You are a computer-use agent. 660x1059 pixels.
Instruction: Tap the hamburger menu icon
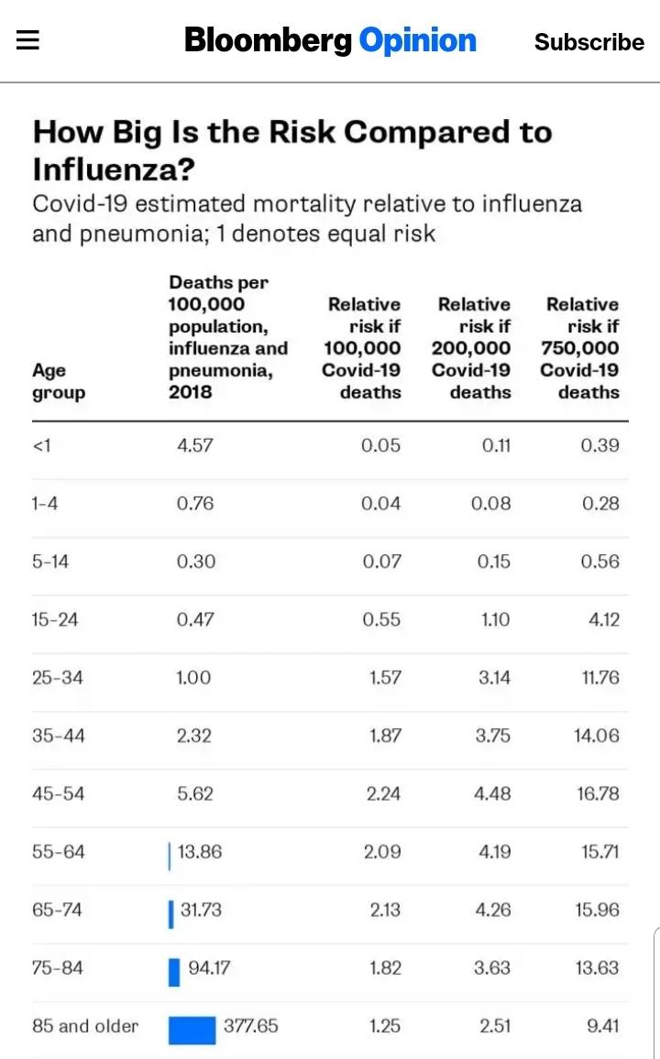pos(27,42)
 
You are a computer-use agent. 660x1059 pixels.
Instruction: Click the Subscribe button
pos(589,42)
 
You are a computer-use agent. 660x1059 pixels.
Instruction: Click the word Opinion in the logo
pos(417,41)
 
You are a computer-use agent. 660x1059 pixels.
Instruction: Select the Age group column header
pos(59,381)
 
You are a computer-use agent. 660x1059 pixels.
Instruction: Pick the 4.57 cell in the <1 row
pos(194,446)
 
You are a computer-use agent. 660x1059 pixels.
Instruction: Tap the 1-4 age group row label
pos(45,504)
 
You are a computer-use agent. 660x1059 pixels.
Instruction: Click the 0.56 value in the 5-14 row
pos(599,562)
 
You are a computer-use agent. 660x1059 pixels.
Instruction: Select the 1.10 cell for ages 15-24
pos(495,620)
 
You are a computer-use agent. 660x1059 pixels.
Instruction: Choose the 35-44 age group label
pos(58,736)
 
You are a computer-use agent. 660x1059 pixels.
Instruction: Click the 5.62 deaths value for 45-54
pos(195,793)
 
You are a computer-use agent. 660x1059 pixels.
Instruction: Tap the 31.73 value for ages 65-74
pos(201,910)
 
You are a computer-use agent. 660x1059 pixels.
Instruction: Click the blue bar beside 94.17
pos(174,972)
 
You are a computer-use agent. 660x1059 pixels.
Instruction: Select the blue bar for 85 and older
pos(192,1030)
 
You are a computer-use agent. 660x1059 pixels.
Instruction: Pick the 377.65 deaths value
pos(250,1026)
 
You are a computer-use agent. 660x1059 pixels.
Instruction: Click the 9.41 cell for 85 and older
pos(602,1026)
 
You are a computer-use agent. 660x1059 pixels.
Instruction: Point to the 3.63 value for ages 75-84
pos(491,967)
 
